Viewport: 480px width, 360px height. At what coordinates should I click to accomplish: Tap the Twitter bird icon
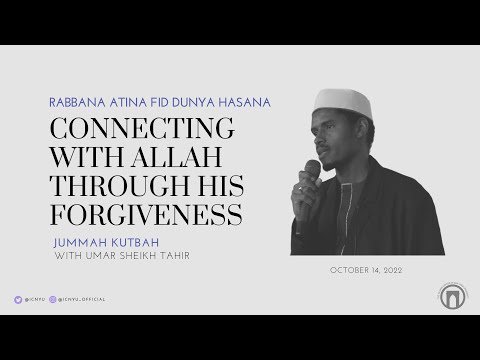[18, 299]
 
